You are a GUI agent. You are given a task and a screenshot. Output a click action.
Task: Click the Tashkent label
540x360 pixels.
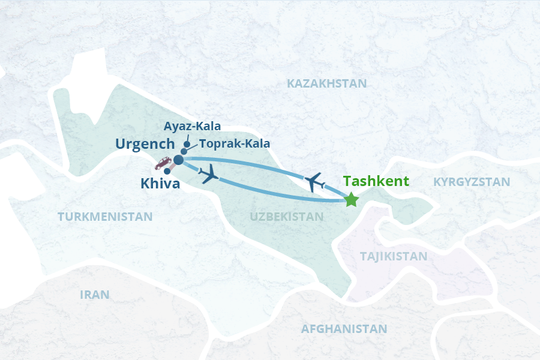(376, 181)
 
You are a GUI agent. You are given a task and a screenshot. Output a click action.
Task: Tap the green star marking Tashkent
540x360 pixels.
(352, 200)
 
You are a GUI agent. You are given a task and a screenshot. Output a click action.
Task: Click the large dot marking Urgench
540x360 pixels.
(178, 160)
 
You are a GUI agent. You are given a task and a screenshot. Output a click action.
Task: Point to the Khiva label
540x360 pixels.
(160, 184)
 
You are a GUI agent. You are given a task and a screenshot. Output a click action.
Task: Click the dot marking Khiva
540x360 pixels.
(167, 171)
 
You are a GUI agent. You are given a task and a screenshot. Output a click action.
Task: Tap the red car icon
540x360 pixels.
(163, 163)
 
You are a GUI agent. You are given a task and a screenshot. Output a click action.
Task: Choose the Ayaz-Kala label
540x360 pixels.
(192, 127)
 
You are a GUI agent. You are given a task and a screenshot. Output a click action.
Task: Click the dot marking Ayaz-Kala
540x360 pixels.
(188, 144)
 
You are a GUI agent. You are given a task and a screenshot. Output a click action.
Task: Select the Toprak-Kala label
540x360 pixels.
(234, 144)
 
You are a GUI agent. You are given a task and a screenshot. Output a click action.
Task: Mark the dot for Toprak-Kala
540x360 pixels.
(184, 152)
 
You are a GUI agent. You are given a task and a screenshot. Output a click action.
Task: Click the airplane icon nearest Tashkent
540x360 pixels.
(314, 181)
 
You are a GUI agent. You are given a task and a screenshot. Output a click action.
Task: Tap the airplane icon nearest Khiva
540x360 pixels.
(209, 176)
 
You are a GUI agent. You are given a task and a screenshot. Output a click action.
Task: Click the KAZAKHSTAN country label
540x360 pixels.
(326, 83)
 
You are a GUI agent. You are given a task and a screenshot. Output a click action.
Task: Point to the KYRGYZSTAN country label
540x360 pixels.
(472, 182)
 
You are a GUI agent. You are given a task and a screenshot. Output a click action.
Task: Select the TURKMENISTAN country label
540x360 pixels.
(105, 217)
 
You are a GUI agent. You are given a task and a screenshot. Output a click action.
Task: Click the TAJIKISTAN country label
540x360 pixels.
(394, 257)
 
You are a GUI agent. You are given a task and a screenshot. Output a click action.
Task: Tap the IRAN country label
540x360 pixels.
(95, 295)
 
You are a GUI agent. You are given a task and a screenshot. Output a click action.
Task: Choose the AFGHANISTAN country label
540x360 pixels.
(344, 329)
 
